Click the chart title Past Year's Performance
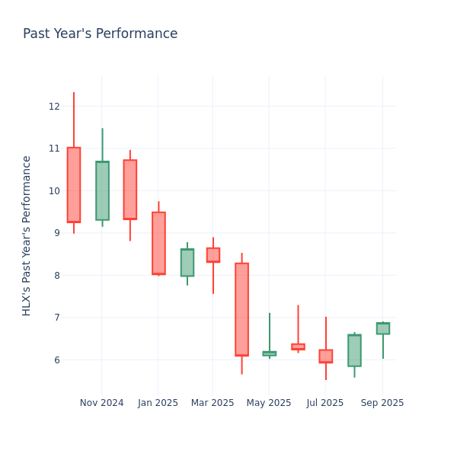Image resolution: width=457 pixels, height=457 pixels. (x=100, y=34)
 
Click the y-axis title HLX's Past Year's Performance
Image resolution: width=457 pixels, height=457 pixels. (x=27, y=235)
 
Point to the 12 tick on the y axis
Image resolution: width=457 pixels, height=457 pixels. (x=54, y=106)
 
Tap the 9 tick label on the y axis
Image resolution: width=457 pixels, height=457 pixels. (x=54, y=233)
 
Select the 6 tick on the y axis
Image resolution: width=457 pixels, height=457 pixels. (x=54, y=360)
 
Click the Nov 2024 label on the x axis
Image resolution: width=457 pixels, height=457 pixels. (x=101, y=403)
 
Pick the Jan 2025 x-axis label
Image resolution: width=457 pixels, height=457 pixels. (x=158, y=403)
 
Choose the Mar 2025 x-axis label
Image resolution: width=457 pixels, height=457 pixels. (x=213, y=403)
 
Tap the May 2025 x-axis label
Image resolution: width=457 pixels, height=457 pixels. (x=269, y=403)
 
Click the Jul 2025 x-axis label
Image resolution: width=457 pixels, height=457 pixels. (x=325, y=403)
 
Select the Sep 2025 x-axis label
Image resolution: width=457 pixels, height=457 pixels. (x=382, y=403)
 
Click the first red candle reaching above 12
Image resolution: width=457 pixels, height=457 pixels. (x=74, y=184)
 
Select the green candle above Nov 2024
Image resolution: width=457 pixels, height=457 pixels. (x=102, y=190)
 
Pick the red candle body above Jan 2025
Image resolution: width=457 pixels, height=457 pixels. (x=158, y=243)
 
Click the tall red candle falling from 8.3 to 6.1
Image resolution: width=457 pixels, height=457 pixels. (x=241, y=309)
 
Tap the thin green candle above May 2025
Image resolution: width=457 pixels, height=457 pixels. (x=270, y=353)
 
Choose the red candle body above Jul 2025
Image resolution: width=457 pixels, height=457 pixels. (x=326, y=356)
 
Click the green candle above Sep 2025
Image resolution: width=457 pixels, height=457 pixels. (x=383, y=328)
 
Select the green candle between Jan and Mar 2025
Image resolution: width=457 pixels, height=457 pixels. (x=187, y=262)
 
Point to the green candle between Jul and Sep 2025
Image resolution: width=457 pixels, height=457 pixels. (x=354, y=350)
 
